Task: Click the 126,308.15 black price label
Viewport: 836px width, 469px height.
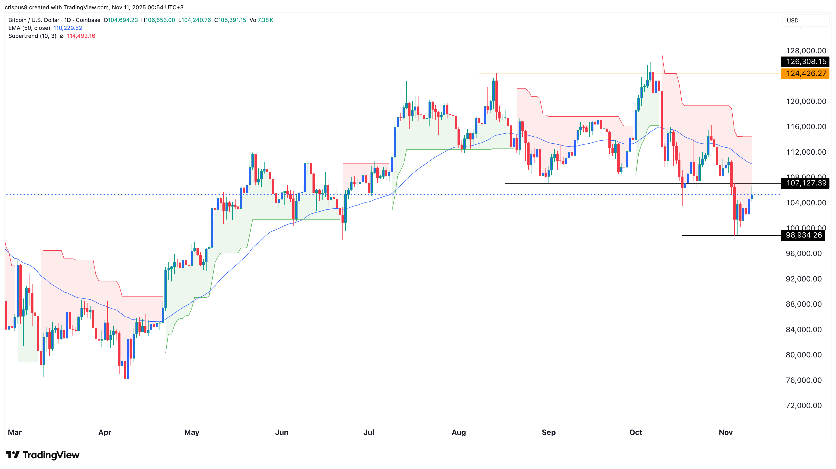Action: (806, 62)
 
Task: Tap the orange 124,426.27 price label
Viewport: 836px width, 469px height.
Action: (806, 74)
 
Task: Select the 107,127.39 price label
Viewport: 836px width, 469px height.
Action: (806, 183)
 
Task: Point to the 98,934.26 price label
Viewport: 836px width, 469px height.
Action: (803, 235)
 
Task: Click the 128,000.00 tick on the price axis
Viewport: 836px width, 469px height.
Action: (806, 50)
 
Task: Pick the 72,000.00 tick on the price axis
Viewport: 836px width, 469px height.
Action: (803, 405)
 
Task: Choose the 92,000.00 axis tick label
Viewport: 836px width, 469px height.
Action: (803, 279)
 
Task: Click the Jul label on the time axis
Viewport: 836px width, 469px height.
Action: (369, 432)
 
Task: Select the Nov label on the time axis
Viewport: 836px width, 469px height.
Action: (726, 432)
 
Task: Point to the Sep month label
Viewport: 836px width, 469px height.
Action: (549, 432)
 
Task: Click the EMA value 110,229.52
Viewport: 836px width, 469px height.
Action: (68, 28)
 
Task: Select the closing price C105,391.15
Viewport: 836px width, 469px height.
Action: (230, 20)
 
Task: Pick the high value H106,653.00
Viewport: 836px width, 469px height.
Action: (158, 20)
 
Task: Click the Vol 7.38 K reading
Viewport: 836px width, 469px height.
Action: (261, 20)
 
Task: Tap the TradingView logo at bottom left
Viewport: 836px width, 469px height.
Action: (42, 455)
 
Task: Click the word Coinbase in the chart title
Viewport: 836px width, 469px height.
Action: (88, 20)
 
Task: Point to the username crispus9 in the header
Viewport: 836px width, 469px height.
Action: (16, 7)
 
